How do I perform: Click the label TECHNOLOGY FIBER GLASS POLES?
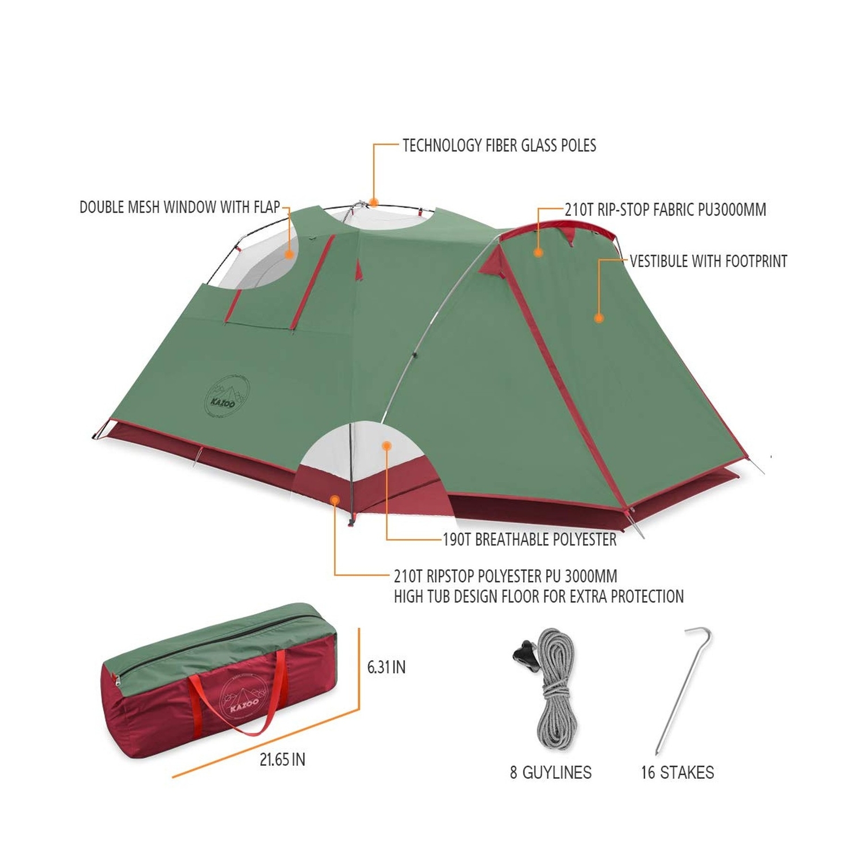click(x=499, y=146)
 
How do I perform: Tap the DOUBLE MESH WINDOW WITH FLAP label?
click(x=180, y=207)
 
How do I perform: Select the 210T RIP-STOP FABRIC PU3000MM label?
click(x=665, y=210)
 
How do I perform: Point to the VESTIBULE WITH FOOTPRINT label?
click(x=708, y=261)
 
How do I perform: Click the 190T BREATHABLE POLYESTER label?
click(x=529, y=540)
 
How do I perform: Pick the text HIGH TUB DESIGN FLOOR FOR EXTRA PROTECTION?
click(x=539, y=596)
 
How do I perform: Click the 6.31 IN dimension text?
click(x=386, y=667)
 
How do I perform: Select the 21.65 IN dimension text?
click(x=282, y=759)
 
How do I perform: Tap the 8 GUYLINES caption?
click(x=550, y=772)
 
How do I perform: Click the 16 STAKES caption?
click(x=677, y=772)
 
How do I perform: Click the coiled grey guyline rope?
click(x=555, y=698)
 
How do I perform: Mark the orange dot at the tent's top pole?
click(x=373, y=203)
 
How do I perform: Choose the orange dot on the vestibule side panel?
click(x=599, y=318)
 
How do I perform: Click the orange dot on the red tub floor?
click(x=336, y=500)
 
